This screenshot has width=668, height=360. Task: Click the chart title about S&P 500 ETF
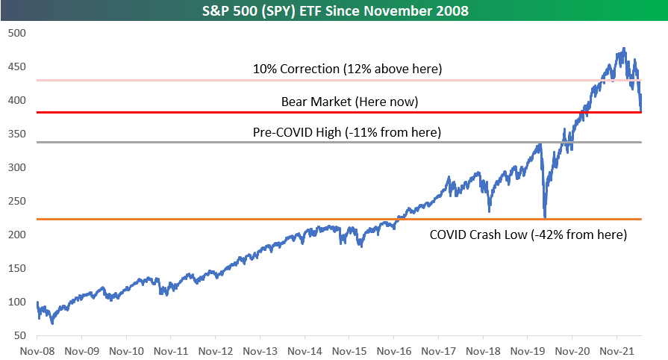[x=334, y=11]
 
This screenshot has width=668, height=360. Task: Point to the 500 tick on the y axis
[x=16, y=33]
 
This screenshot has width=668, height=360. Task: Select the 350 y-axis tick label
[x=16, y=134]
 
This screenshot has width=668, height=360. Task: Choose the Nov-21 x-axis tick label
[x=617, y=349]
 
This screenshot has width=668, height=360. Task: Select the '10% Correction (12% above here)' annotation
[x=347, y=69]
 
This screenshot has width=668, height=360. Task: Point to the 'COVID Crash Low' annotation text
[x=528, y=234]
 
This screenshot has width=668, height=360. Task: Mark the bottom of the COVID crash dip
[x=545, y=217]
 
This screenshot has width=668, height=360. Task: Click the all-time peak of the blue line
[x=624, y=49]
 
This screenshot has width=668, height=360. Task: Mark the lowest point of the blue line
[x=52, y=323]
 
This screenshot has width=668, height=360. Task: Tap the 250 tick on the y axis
[x=16, y=201]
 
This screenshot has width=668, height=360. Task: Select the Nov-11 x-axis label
[x=171, y=349]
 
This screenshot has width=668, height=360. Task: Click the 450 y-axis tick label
[x=16, y=66]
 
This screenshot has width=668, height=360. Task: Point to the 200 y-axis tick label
[x=16, y=235]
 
